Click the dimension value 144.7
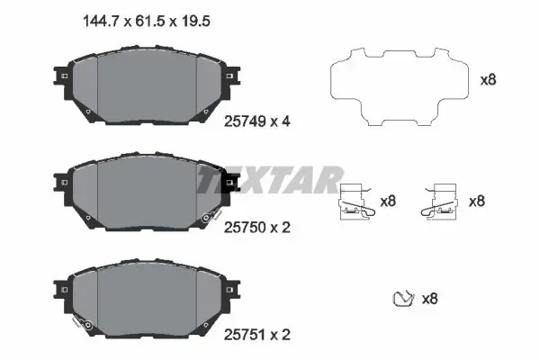101,22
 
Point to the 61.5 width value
149,22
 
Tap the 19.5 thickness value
195,22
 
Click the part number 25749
245,121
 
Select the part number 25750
245,228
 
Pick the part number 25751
245,335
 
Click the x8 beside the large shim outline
489,80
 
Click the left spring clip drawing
357,202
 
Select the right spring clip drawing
440,202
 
